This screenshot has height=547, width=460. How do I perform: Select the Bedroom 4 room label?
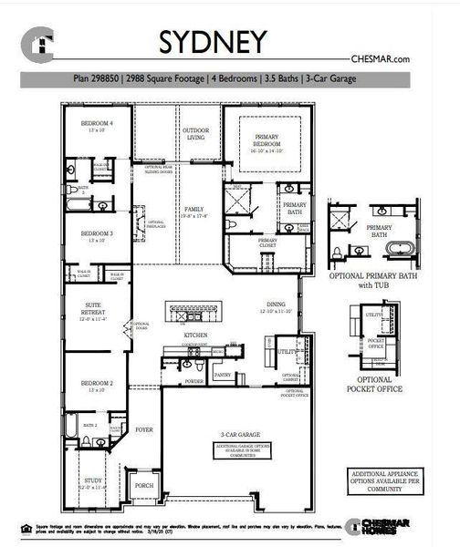click(x=96, y=123)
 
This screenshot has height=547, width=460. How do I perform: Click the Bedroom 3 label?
click(x=96, y=235)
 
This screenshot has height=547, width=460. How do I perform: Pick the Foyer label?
click(x=144, y=428)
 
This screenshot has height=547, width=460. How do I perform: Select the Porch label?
click(x=143, y=485)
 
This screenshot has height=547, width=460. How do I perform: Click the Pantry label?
click(x=221, y=375)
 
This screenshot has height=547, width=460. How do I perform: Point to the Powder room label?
click(x=193, y=381)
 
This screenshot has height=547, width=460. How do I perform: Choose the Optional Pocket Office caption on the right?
click(x=375, y=384)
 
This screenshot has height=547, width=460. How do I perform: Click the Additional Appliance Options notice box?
click(x=376, y=481)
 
